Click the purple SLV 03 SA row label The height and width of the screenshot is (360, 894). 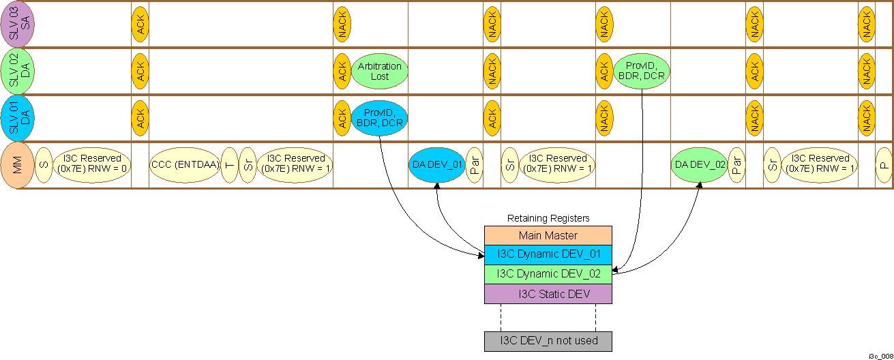pyautogui.click(x=18, y=24)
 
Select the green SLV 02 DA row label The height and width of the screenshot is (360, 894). pyautogui.click(x=18, y=72)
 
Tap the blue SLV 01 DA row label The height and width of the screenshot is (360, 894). pyautogui.click(x=18, y=119)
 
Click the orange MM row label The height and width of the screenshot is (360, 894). pyautogui.click(x=18, y=165)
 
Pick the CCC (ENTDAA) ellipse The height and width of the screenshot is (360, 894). pyautogui.click(x=184, y=165)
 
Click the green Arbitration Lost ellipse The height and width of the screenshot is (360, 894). pyautogui.click(x=380, y=72)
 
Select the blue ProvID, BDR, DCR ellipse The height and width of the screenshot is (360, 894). pyautogui.click(x=380, y=119)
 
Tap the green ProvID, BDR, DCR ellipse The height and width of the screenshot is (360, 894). pyautogui.click(x=642, y=72)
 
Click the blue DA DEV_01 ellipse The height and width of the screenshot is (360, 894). pyautogui.click(x=436, y=165)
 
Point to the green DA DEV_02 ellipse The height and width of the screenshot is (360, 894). pyautogui.click(x=699, y=165)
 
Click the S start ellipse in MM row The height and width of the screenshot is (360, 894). pyautogui.click(x=44, y=165)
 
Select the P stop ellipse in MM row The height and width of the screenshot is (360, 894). pyautogui.click(x=883, y=165)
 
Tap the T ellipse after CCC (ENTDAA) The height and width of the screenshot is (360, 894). pyautogui.click(x=229, y=165)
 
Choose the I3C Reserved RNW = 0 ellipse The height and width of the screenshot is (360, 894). pyautogui.click(x=92, y=165)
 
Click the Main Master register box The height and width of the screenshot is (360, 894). pyautogui.click(x=548, y=235)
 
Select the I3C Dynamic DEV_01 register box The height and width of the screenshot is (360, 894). pyautogui.click(x=548, y=255)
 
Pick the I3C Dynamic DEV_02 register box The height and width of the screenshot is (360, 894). pyautogui.click(x=548, y=274)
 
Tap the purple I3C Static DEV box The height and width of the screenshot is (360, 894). pyautogui.click(x=548, y=294)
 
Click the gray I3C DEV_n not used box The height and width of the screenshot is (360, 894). pyautogui.click(x=548, y=341)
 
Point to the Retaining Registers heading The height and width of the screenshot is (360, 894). pyautogui.click(x=548, y=218)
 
